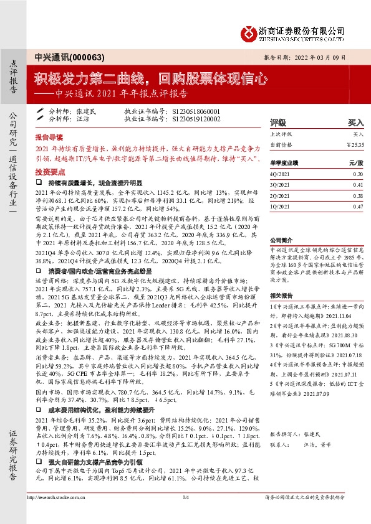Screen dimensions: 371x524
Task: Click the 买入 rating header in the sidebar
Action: pyautogui.click(x=355, y=123)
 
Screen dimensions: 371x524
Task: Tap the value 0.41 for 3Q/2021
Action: pyautogui.click(x=357, y=185)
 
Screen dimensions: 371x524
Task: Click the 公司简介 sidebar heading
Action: pyautogui.click(x=280, y=239)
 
